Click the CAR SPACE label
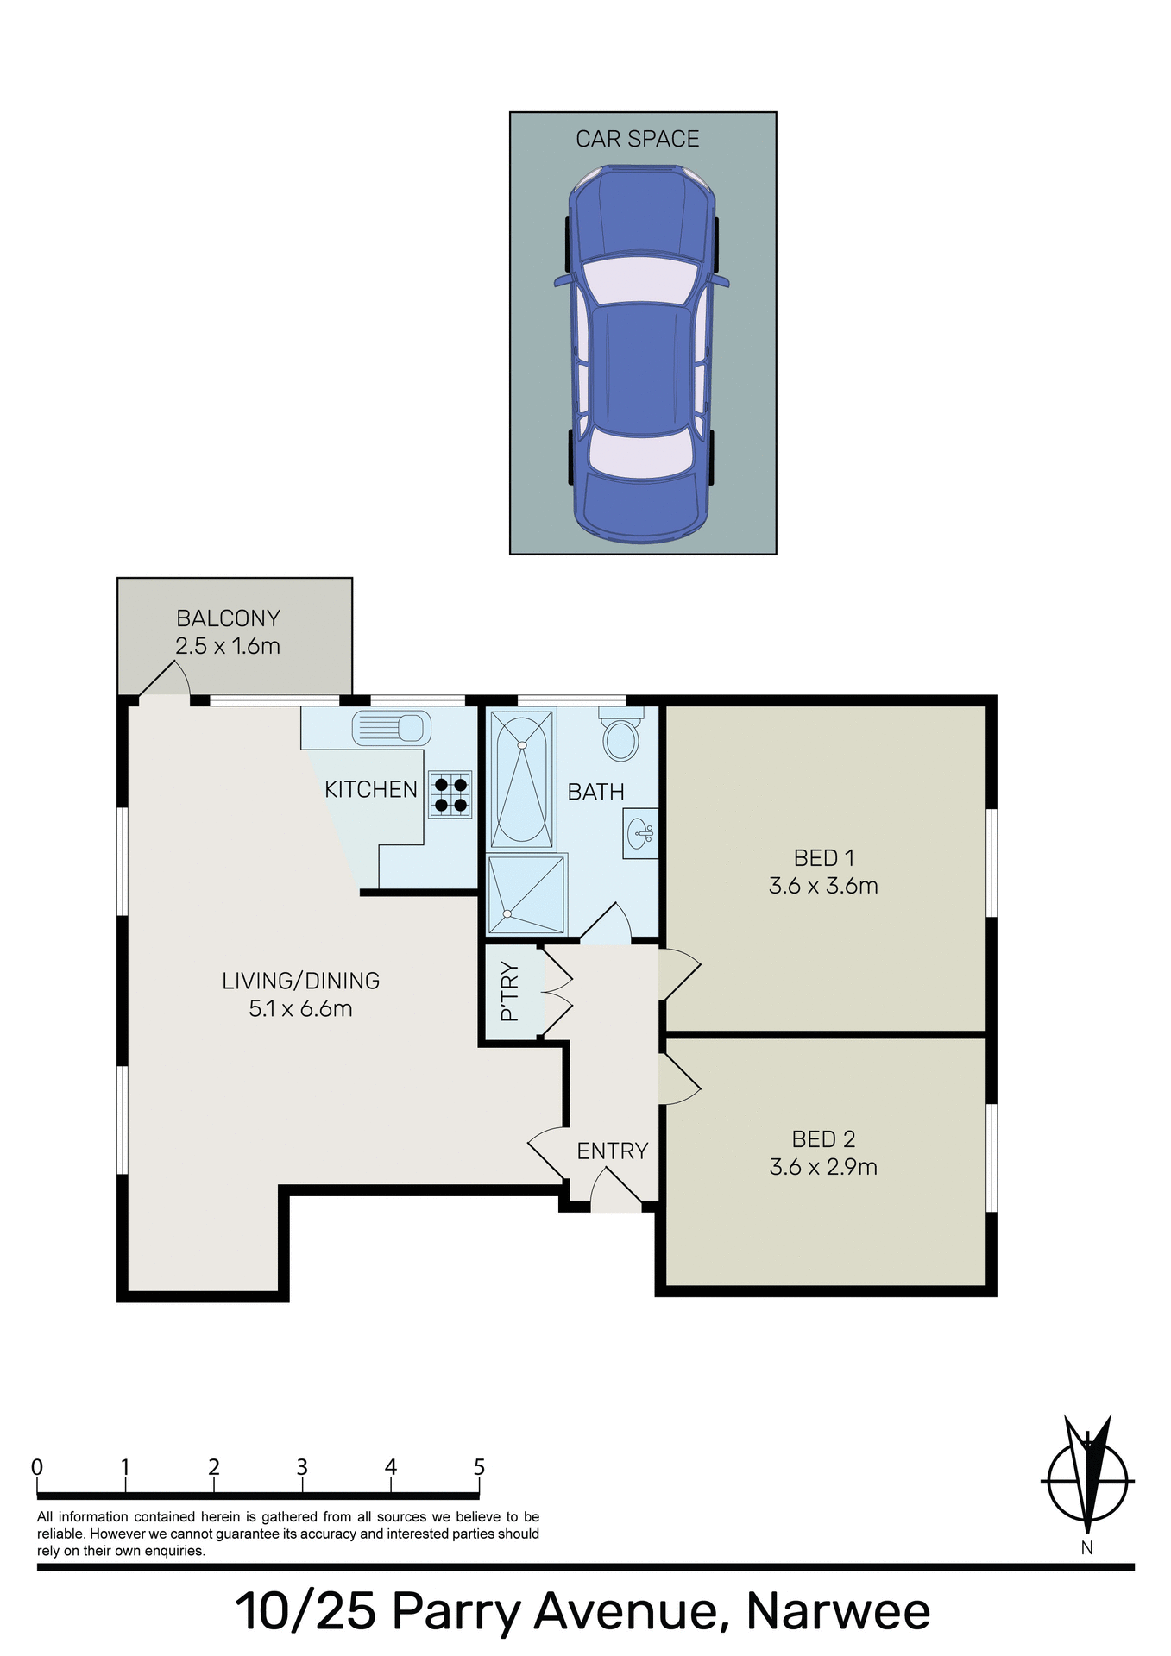tap(637, 139)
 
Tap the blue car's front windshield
tap(639, 280)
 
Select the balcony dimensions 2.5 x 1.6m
tap(228, 646)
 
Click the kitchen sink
tap(391, 728)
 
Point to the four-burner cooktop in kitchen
tap(450, 794)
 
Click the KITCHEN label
tap(370, 789)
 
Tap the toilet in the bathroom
tap(621, 736)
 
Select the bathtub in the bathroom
tap(522, 779)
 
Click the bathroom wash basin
tap(641, 833)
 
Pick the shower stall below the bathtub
tap(526, 894)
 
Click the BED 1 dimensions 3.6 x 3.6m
tap(823, 886)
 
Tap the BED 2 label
tap(823, 1139)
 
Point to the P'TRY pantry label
tap(510, 992)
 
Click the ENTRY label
tap(612, 1151)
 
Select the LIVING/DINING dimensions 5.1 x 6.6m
tap(300, 1008)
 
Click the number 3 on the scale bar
tap(302, 1467)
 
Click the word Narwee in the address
tap(837, 1611)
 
